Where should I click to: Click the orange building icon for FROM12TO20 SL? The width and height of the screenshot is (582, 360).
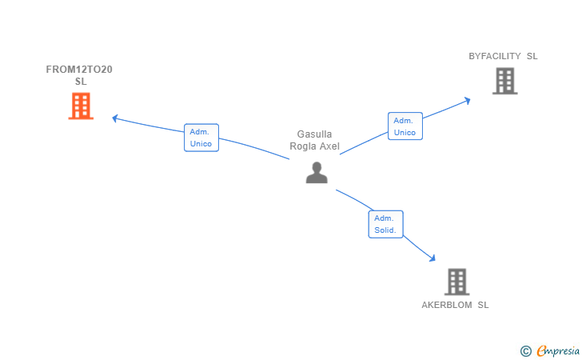pyautogui.click(x=81, y=106)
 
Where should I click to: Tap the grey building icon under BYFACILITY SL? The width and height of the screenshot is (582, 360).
pyautogui.click(x=504, y=81)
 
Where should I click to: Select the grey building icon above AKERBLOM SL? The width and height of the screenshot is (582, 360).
pyautogui.click(x=457, y=282)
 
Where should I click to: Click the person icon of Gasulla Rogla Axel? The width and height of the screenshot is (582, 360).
pyautogui.click(x=317, y=173)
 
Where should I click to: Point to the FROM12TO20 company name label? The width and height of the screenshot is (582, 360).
pyautogui.click(x=79, y=75)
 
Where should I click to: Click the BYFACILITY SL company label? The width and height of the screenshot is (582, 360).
pyautogui.click(x=503, y=56)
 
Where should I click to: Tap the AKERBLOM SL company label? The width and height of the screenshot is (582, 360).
pyautogui.click(x=455, y=305)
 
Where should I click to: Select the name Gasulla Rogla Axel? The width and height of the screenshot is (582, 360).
pyautogui.click(x=314, y=140)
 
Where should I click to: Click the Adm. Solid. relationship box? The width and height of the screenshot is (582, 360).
pyautogui.click(x=385, y=224)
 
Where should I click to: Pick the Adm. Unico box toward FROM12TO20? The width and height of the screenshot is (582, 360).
pyautogui.click(x=201, y=138)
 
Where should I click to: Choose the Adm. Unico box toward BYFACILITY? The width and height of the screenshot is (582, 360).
pyautogui.click(x=405, y=126)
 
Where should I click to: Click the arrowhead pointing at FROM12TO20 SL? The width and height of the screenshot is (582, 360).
pyautogui.click(x=115, y=118)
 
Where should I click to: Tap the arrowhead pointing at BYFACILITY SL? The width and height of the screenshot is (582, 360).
pyautogui.click(x=468, y=101)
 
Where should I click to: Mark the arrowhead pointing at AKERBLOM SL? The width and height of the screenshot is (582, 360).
pyautogui.click(x=433, y=258)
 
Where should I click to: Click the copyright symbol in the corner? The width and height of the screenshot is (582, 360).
pyautogui.click(x=525, y=351)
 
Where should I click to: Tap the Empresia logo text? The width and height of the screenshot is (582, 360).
pyautogui.click(x=558, y=351)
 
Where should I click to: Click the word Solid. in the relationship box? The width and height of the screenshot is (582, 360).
pyautogui.click(x=385, y=230)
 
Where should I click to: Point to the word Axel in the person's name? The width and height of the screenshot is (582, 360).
pyautogui.click(x=329, y=146)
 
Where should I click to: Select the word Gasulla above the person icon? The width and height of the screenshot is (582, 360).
pyautogui.click(x=314, y=134)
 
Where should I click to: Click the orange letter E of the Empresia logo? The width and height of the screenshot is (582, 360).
pyautogui.click(x=541, y=351)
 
